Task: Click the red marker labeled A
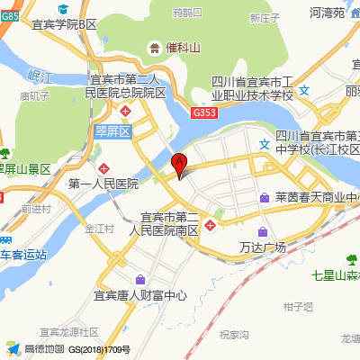tap(178, 165)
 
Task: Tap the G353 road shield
tap(203, 112)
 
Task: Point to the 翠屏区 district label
tap(113, 131)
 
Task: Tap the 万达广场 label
tap(263, 247)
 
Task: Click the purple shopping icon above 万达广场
tap(262, 231)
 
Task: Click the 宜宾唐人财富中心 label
tap(140, 293)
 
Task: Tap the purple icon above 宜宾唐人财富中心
tap(139, 278)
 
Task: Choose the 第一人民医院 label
tap(103, 184)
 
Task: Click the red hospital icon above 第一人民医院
tap(105, 168)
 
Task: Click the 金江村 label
tap(100, 229)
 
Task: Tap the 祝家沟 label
tap(234, 335)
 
